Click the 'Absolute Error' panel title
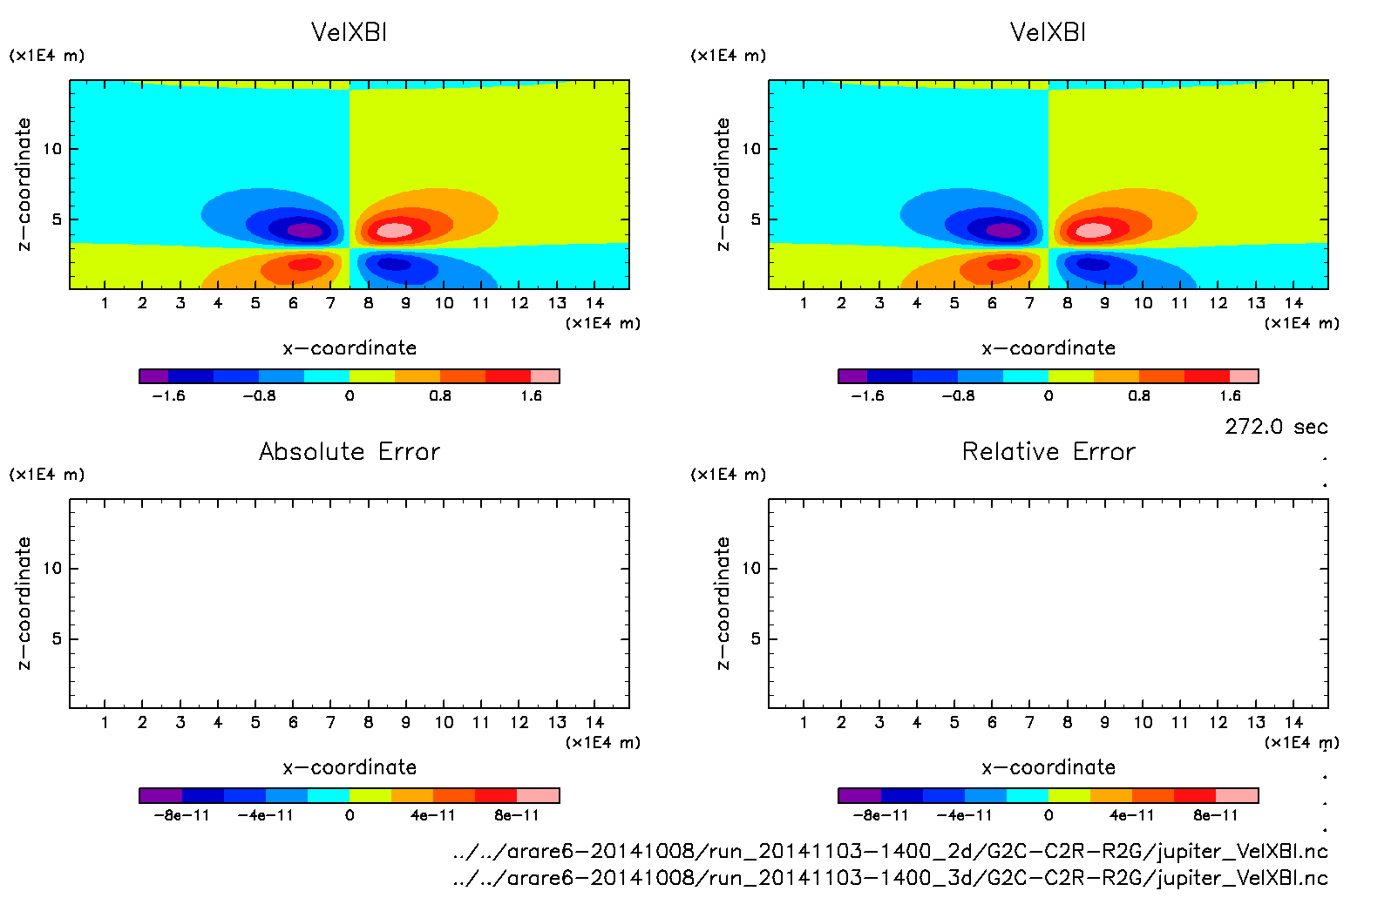[x=349, y=451]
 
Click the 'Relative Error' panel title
[x=1048, y=451]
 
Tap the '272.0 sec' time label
[x=1276, y=427]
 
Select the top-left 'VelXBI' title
[x=349, y=32]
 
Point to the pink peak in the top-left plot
[x=394, y=230]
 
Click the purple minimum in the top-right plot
[x=1004, y=231]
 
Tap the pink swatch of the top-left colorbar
[x=545, y=376]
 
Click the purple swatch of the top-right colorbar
[x=852, y=376]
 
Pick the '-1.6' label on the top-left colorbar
[x=168, y=395]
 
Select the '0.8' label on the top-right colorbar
[x=1139, y=395]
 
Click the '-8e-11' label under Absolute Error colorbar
[x=181, y=815]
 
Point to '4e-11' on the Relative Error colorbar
[x=1131, y=815]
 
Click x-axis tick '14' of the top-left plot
[x=594, y=303]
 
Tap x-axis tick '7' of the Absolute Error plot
[x=330, y=722]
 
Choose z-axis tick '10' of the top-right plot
[x=750, y=149]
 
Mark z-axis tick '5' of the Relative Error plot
[x=756, y=638]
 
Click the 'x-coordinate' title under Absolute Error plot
[x=349, y=767]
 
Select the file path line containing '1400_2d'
[x=890, y=851]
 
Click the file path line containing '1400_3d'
[x=890, y=878]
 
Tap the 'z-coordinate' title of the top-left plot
[x=24, y=185]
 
